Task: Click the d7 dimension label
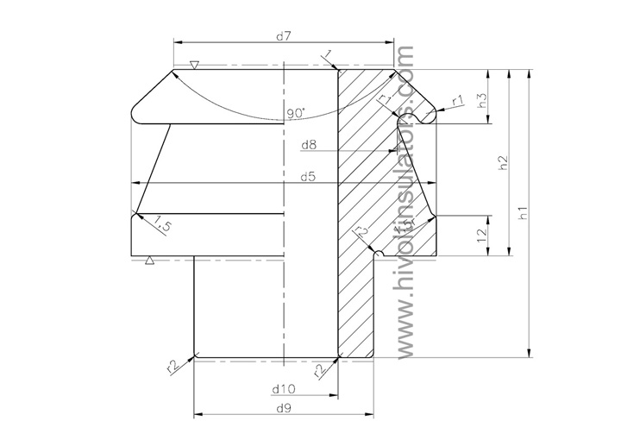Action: (x=284, y=35)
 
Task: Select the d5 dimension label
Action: (x=307, y=177)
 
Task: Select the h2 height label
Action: (x=504, y=163)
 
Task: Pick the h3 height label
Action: (x=483, y=98)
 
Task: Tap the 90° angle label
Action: (x=297, y=113)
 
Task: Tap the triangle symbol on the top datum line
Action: (x=195, y=65)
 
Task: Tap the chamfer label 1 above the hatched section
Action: (x=329, y=56)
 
